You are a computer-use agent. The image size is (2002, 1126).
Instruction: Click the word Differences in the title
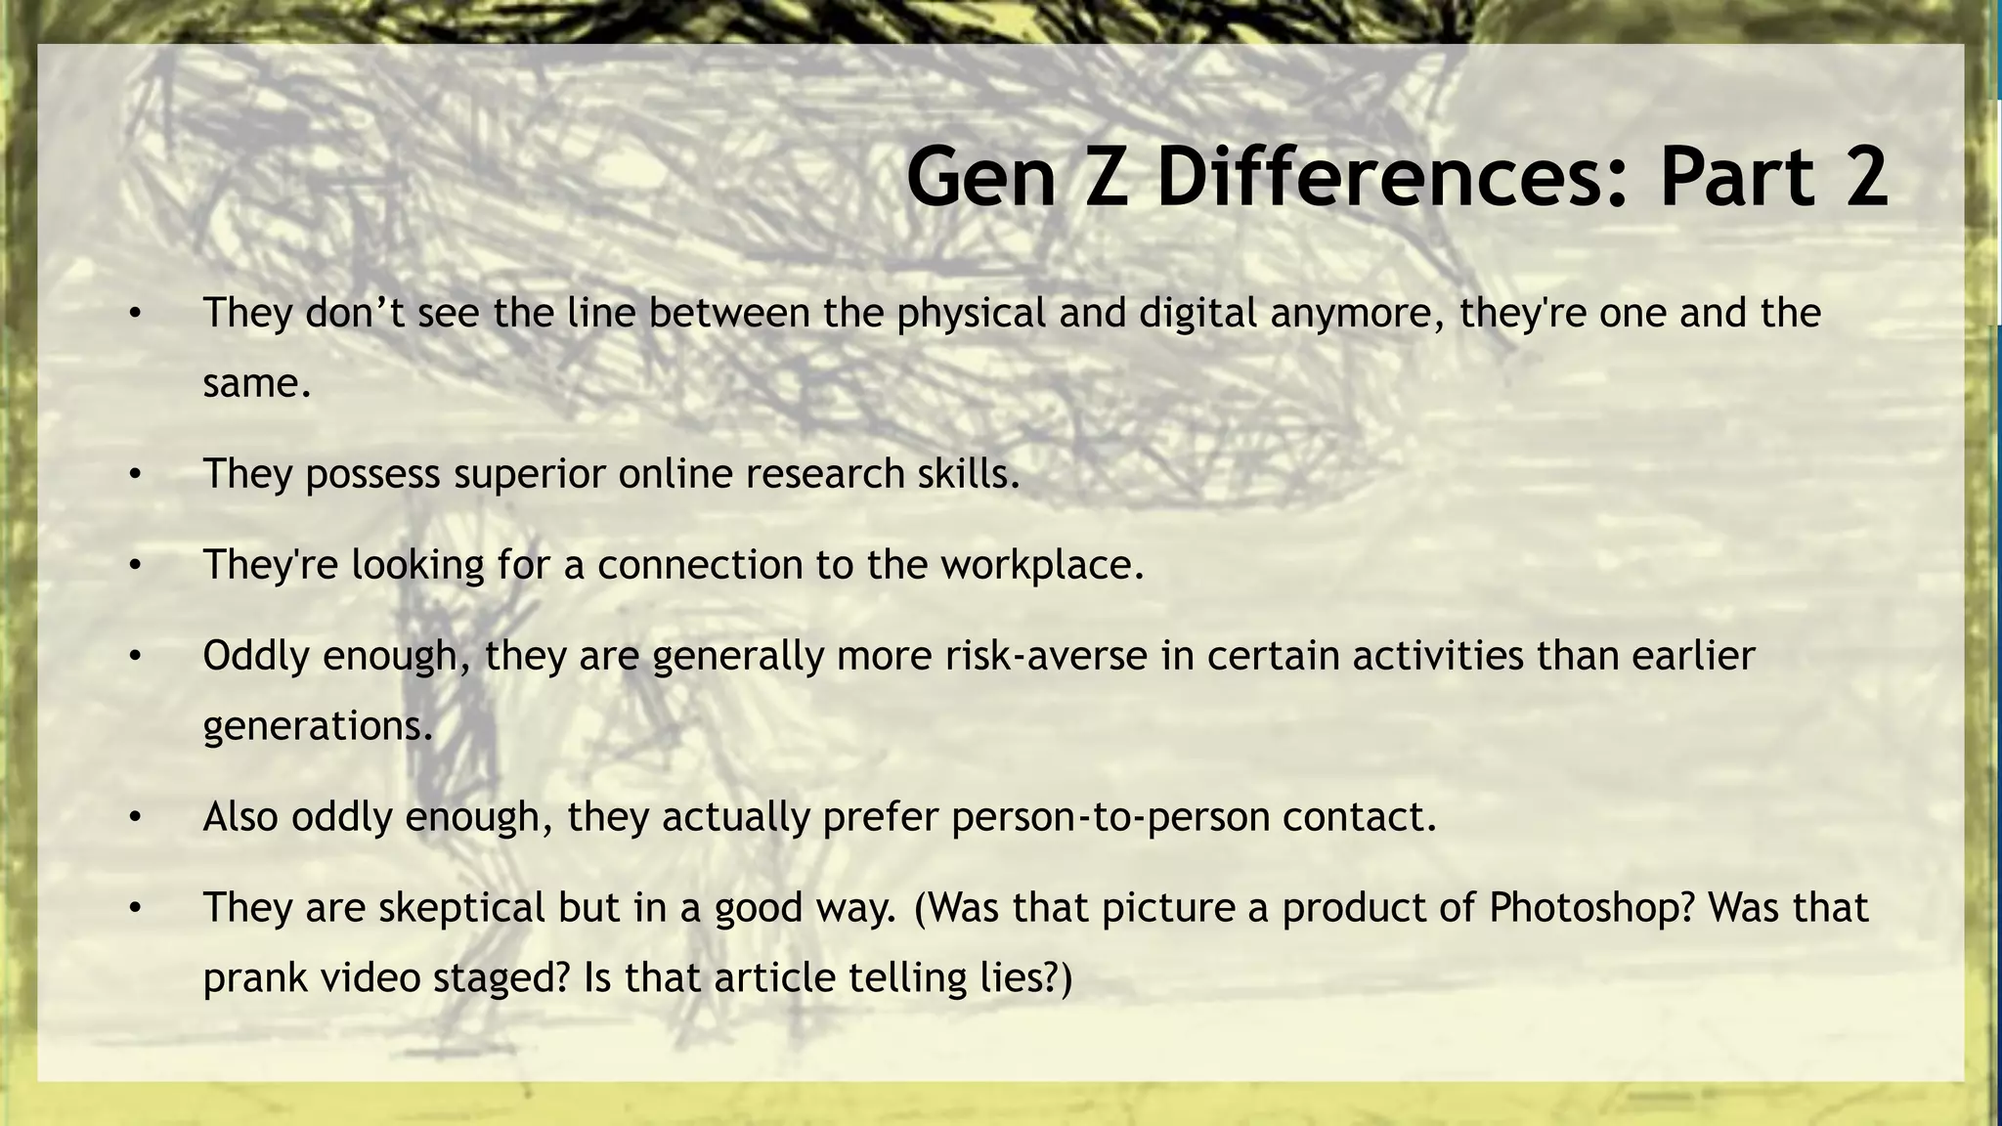point(1392,176)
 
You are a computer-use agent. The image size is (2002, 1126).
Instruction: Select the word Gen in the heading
point(980,176)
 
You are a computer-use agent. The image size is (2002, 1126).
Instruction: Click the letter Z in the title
point(1107,176)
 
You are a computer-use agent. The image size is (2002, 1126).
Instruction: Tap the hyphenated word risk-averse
point(1046,655)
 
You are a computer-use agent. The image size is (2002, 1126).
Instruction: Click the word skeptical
point(461,908)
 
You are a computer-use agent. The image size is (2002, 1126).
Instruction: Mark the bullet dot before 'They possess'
point(135,475)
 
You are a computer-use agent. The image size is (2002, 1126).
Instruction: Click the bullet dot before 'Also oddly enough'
point(135,818)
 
